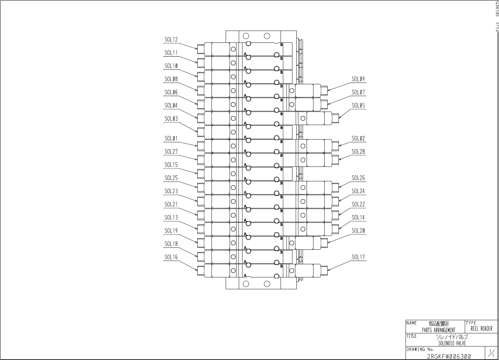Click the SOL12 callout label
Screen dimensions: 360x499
(171, 40)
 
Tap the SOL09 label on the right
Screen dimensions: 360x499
(358, 79)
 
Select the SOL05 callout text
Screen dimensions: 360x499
(358, 106)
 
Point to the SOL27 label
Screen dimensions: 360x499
(171, 152)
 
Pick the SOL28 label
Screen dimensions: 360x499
(358, 152)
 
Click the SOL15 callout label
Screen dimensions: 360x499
(171, 165)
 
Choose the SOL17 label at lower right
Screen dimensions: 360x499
(358, 257)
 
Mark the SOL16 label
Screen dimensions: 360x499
(171, 257)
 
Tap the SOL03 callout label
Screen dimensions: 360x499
(171, 119)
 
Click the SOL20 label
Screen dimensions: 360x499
(358, 231)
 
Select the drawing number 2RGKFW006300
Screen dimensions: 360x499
(449, 356)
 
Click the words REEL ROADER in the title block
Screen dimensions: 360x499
(482, 329)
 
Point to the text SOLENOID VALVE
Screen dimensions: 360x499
(452, 343)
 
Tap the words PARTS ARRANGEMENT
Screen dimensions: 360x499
(438, 330)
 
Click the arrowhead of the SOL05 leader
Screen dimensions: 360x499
(339, 118)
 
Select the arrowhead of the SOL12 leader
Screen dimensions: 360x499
(197, 49)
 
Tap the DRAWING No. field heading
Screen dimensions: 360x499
(420, 349)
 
